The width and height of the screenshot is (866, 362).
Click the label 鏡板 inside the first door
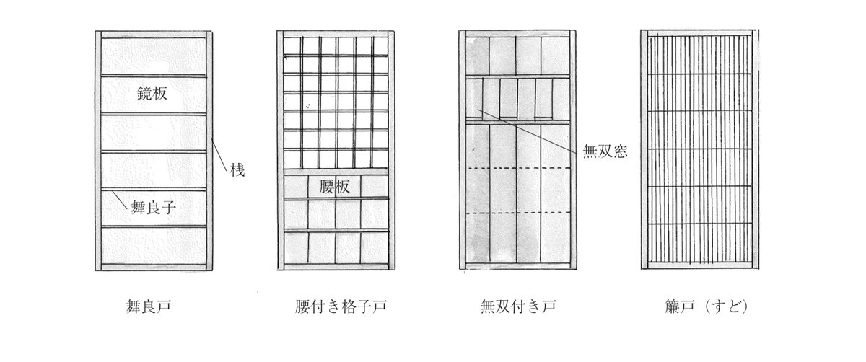point(153,93)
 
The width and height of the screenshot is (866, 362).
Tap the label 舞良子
point(154,208)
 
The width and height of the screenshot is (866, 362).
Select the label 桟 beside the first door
point(238,171)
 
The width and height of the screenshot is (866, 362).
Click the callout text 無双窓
point(605,151)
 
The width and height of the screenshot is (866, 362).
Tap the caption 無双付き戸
point(519,306)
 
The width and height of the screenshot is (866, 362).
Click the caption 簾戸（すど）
point(698,306)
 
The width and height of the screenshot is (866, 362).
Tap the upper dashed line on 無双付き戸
point(519,168)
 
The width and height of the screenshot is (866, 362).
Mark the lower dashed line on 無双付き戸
point(519,213)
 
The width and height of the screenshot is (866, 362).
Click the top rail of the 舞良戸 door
point(153,35)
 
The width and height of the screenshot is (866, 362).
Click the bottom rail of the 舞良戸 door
point(153,266)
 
